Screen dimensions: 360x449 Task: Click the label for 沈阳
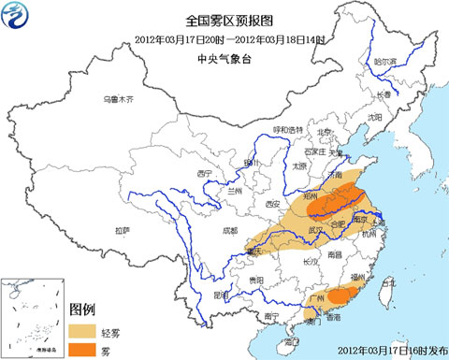374,118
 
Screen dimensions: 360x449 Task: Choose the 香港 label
333,319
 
